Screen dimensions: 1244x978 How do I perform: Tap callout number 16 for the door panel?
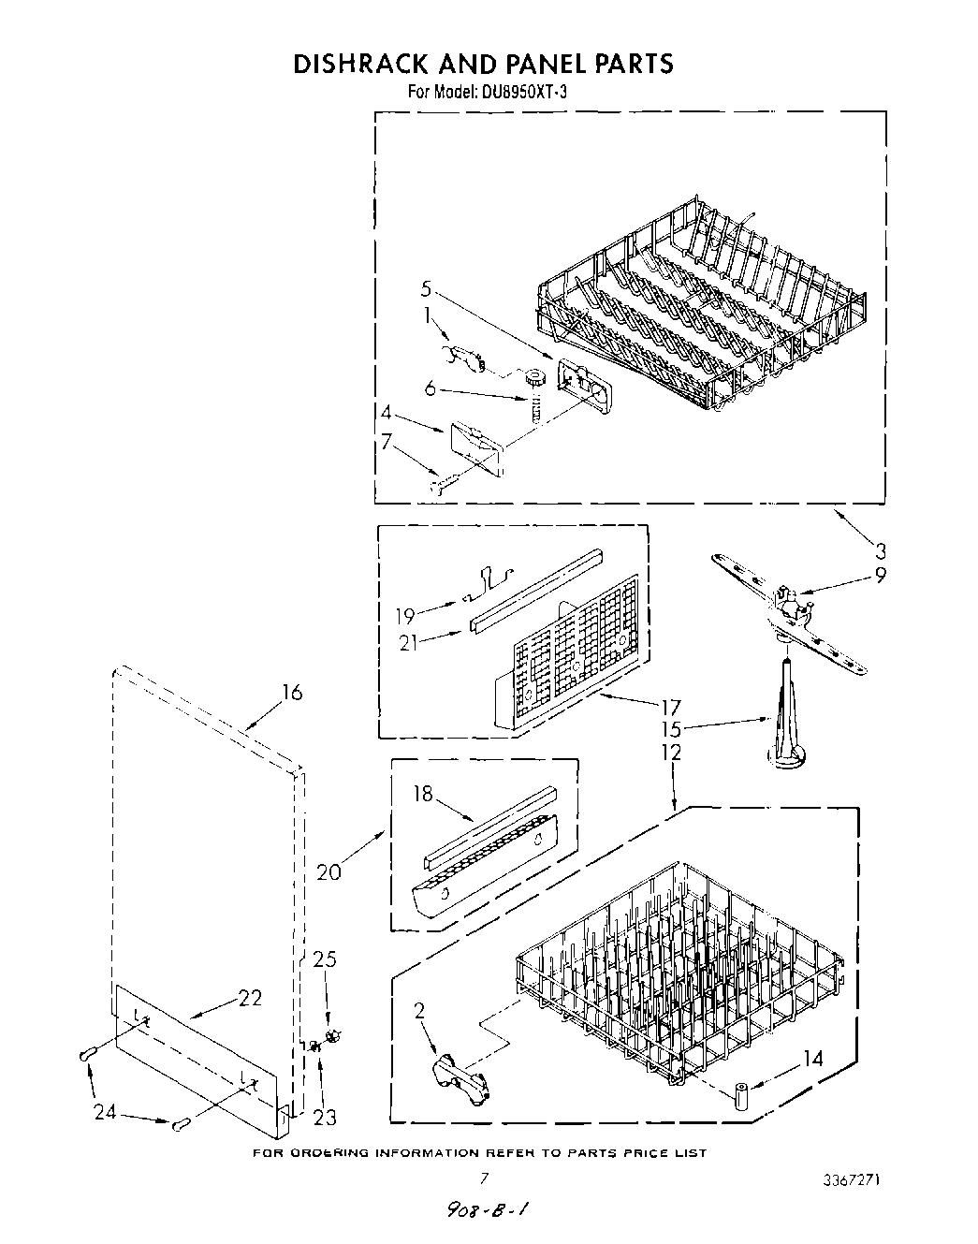(x=292, y=693)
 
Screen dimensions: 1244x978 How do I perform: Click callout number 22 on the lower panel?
(x=250, y=999)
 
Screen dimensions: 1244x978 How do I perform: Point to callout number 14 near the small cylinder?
(x=812, y=1060)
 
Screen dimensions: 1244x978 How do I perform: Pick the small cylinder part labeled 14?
(x=740, y=1095)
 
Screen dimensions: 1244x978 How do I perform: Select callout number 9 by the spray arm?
(x=880, y=577)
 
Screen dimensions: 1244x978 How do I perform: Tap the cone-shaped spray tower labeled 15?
(x=784, y=721)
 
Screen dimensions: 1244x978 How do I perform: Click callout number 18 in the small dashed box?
(x=423, y=794)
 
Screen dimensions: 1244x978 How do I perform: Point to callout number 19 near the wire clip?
(x=404, y=616)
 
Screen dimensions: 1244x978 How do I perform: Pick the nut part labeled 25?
(x=332, y=1035)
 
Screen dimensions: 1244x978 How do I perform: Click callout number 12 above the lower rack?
(x=670, y=752)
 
